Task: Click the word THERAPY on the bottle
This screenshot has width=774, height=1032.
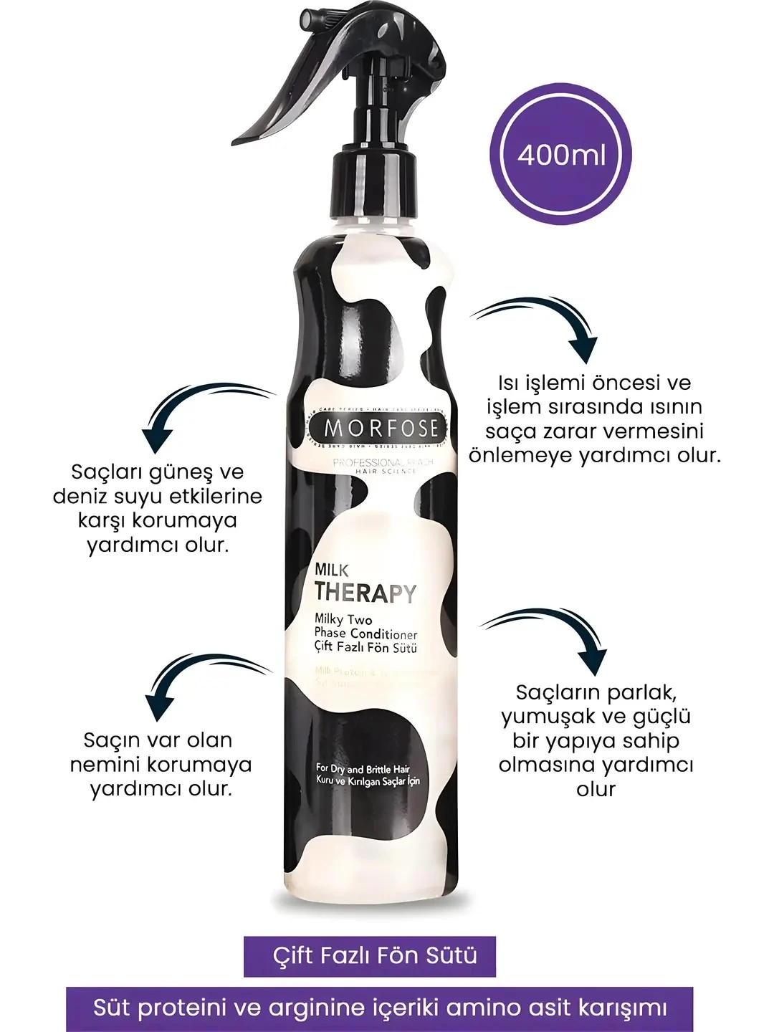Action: [365, 593]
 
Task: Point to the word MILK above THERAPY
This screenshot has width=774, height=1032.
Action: [332, 570]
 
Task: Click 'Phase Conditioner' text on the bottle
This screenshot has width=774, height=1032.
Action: [365, 634]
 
